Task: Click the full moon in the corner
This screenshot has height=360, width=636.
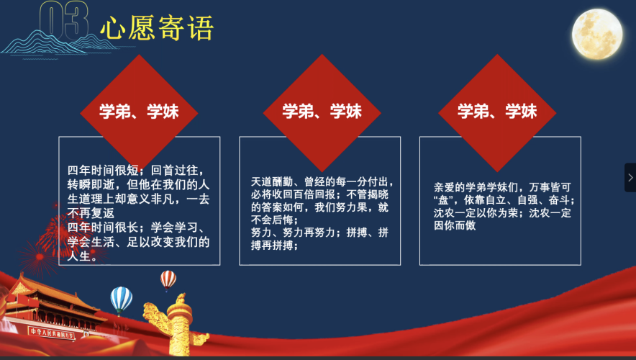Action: coord(596,32)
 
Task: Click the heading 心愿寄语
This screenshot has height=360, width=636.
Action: coord(157,29)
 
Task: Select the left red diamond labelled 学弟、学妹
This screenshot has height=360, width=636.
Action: coord(140,111)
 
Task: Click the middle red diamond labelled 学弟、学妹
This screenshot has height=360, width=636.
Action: coord(322,111)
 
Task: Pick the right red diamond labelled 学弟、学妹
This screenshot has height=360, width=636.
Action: coord(497,111)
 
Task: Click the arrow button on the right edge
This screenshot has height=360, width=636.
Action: coord(630,177)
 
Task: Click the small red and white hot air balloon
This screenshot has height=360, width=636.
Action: coord(168,278)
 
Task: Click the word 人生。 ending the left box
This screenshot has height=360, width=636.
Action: coord(82,256)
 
